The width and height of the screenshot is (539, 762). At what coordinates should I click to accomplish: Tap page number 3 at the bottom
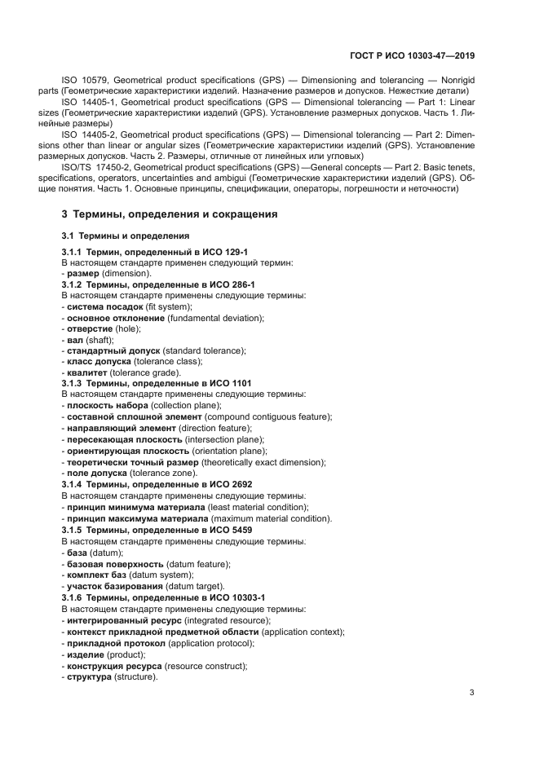tap(472, 693)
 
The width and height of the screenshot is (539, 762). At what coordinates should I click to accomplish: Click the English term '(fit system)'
tap(169, 306)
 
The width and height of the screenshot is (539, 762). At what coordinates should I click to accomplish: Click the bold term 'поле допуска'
tap(97, 473)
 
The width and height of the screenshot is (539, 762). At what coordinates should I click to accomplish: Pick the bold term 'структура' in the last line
tap(90, 676)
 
